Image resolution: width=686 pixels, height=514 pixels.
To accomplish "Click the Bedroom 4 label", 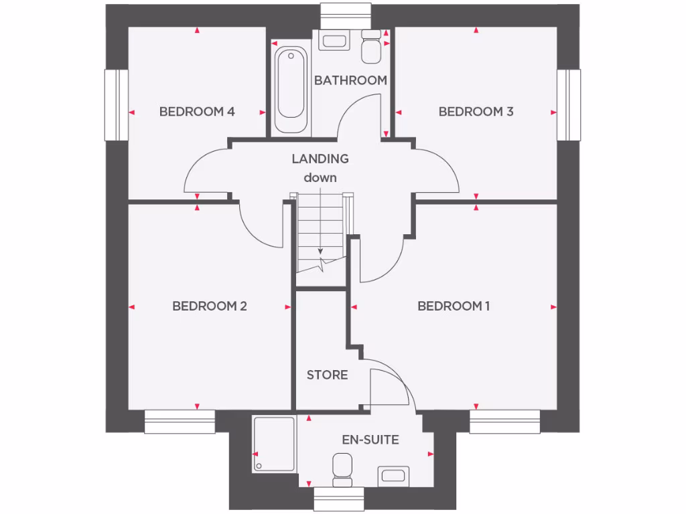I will tap(197, 112).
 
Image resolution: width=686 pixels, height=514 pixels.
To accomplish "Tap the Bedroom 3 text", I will tap(476, 112).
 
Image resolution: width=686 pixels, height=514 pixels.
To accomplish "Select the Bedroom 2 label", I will tap(210, 307).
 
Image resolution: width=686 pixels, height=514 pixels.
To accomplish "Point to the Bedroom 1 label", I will tap(454, 307).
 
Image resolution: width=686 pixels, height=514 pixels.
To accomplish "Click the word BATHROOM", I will tap(350, 80).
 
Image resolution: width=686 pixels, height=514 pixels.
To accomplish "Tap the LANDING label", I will tap(320, 159).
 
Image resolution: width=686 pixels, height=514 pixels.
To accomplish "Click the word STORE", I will tap(327, 375).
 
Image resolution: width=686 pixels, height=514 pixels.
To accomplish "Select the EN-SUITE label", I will tap(370, 440).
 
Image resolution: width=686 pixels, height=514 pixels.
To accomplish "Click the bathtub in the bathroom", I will tap(291, 90).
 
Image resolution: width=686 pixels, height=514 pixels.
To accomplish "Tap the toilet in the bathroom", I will tap(370, 46).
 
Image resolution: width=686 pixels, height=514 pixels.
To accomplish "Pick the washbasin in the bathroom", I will tap(333, 40).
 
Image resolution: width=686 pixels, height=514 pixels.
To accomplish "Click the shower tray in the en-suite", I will tap(273, 444).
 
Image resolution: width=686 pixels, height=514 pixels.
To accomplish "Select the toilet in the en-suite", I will tap(342, 469).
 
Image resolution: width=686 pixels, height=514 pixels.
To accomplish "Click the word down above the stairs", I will tap(320, 177).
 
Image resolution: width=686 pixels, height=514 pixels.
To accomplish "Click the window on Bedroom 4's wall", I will tap(116, 105).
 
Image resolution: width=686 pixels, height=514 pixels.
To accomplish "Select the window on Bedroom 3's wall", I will tap(569, 105).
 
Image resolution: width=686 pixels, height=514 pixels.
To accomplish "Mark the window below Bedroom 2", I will tap(180, 422).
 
